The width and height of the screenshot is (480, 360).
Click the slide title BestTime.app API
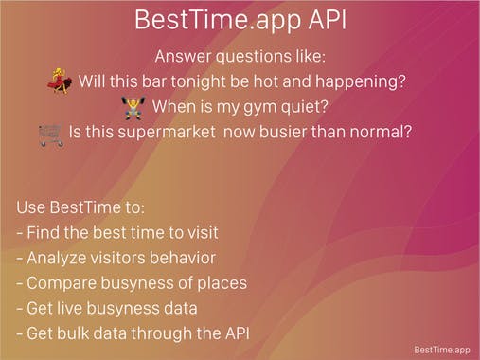click(240, 19)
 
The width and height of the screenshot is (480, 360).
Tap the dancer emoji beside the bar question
click(60, 81)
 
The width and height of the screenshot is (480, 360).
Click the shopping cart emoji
click(50, 134)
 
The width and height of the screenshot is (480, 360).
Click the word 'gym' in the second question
click(263, 107)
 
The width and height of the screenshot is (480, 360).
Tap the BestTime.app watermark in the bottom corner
click(441, 350)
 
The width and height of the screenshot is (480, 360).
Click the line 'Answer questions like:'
click(240, 56)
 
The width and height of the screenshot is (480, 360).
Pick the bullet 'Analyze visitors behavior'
click(116, 257)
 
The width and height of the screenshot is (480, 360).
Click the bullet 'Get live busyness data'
click(106, 307)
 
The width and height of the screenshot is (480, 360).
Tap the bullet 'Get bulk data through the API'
click(132, 333)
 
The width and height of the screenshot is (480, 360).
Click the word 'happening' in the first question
click(366, 81)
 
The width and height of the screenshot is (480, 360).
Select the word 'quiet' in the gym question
click(319, 107)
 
